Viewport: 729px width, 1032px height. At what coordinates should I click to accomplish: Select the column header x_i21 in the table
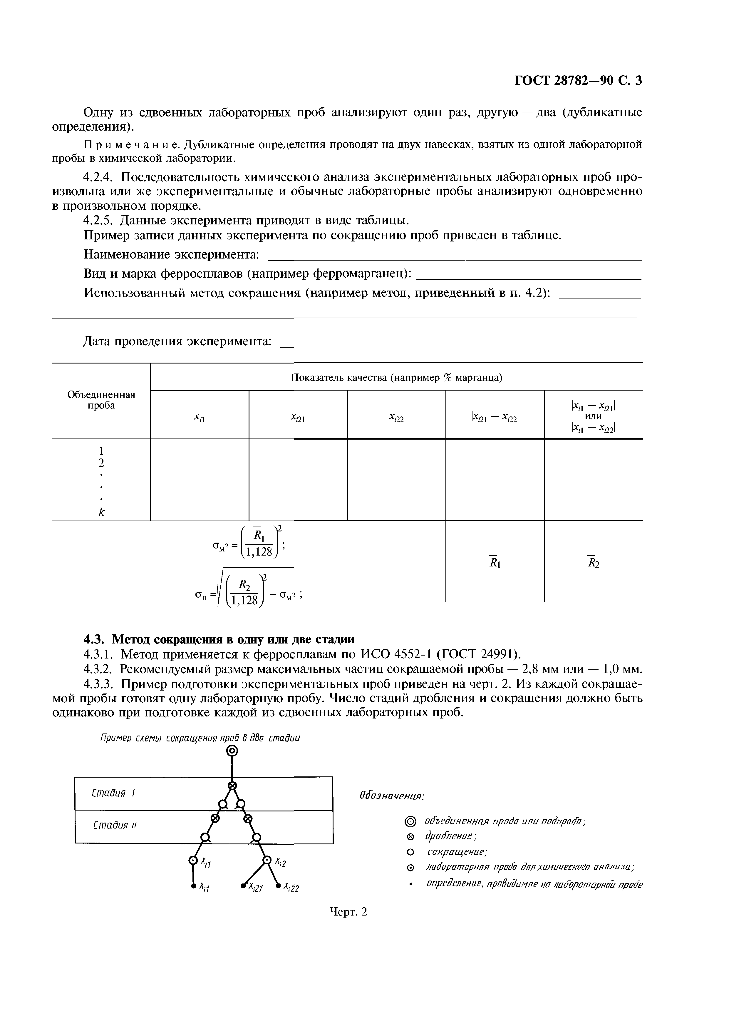coord(298,419)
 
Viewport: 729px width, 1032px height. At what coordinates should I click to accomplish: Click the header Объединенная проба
coord(101,400)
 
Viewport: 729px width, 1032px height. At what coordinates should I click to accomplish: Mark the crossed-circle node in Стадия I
coord(232,786)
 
